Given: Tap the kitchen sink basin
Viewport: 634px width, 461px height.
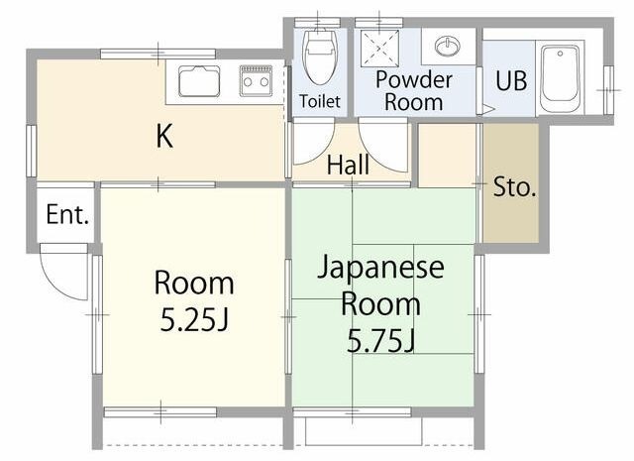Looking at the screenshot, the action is coord(199,81).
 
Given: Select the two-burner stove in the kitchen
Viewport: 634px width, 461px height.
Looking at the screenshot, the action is coord(256,81).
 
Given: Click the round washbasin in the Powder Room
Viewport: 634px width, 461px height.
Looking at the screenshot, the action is coord(448,45).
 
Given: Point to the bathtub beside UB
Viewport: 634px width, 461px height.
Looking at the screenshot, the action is coord(560,78).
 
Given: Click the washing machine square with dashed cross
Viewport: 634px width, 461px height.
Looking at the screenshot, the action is coord(379,49).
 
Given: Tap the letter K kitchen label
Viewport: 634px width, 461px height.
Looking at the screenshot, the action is coord(164,137).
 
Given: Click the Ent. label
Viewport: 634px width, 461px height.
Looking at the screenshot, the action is coord(67,214).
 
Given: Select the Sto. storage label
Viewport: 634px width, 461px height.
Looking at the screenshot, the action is coord(514,187).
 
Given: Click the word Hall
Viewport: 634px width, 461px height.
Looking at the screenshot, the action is coord(348,165).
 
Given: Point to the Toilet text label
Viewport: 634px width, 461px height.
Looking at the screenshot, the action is coord(320,101).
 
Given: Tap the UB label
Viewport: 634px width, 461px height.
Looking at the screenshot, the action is coord(511,80).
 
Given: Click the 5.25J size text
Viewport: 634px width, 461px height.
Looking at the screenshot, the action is coord(194,319).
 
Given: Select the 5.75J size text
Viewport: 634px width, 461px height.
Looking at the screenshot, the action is coord(381,341).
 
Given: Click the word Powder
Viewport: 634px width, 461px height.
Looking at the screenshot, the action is coord(414,79).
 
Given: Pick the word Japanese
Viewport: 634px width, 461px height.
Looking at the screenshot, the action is coord(380,267).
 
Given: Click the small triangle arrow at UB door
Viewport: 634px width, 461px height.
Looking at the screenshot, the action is coord(487,109).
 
